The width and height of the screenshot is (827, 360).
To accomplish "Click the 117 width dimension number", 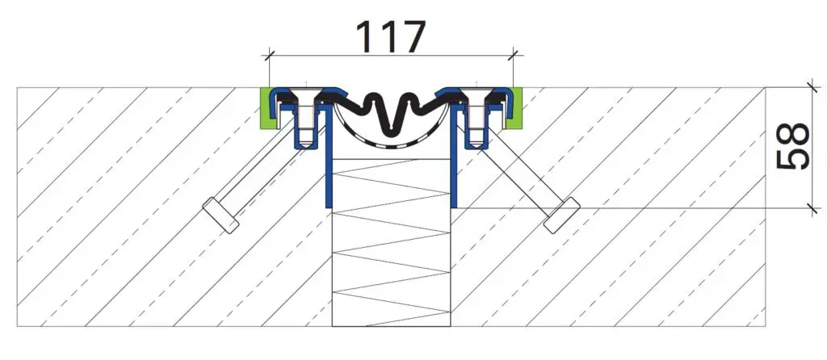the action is pyautogui.click(x=390, y=36).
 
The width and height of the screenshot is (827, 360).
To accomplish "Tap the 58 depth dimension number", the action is pyautogui.click(x=793, y=146).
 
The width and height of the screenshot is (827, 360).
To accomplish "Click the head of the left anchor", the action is pyautogui.click(x=220, y=215).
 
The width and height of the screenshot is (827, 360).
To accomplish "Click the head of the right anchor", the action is pyautogui.click(x=562, y=216).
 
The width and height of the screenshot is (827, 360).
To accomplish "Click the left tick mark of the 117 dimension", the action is pyautogui.click(x=269, y=53).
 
